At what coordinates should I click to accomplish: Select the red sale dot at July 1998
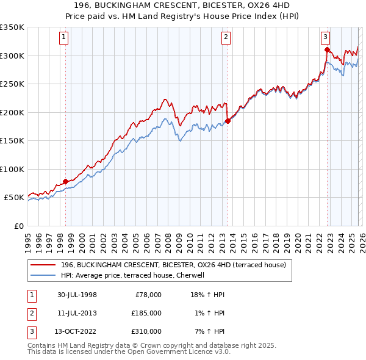pyautogui.click(x=66, y=182)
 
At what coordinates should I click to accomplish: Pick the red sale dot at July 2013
pyautogui.click(x=228, y=121)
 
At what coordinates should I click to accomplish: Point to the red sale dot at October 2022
pyautogui.click(x=328, y=50)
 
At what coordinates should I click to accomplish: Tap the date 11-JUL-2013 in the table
pyautogui.click(x=74, y=313)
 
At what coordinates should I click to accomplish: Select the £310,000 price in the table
pyautogui.click(x=146, y=331)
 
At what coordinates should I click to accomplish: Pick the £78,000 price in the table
pyautogui.click(x=148, y=295)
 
